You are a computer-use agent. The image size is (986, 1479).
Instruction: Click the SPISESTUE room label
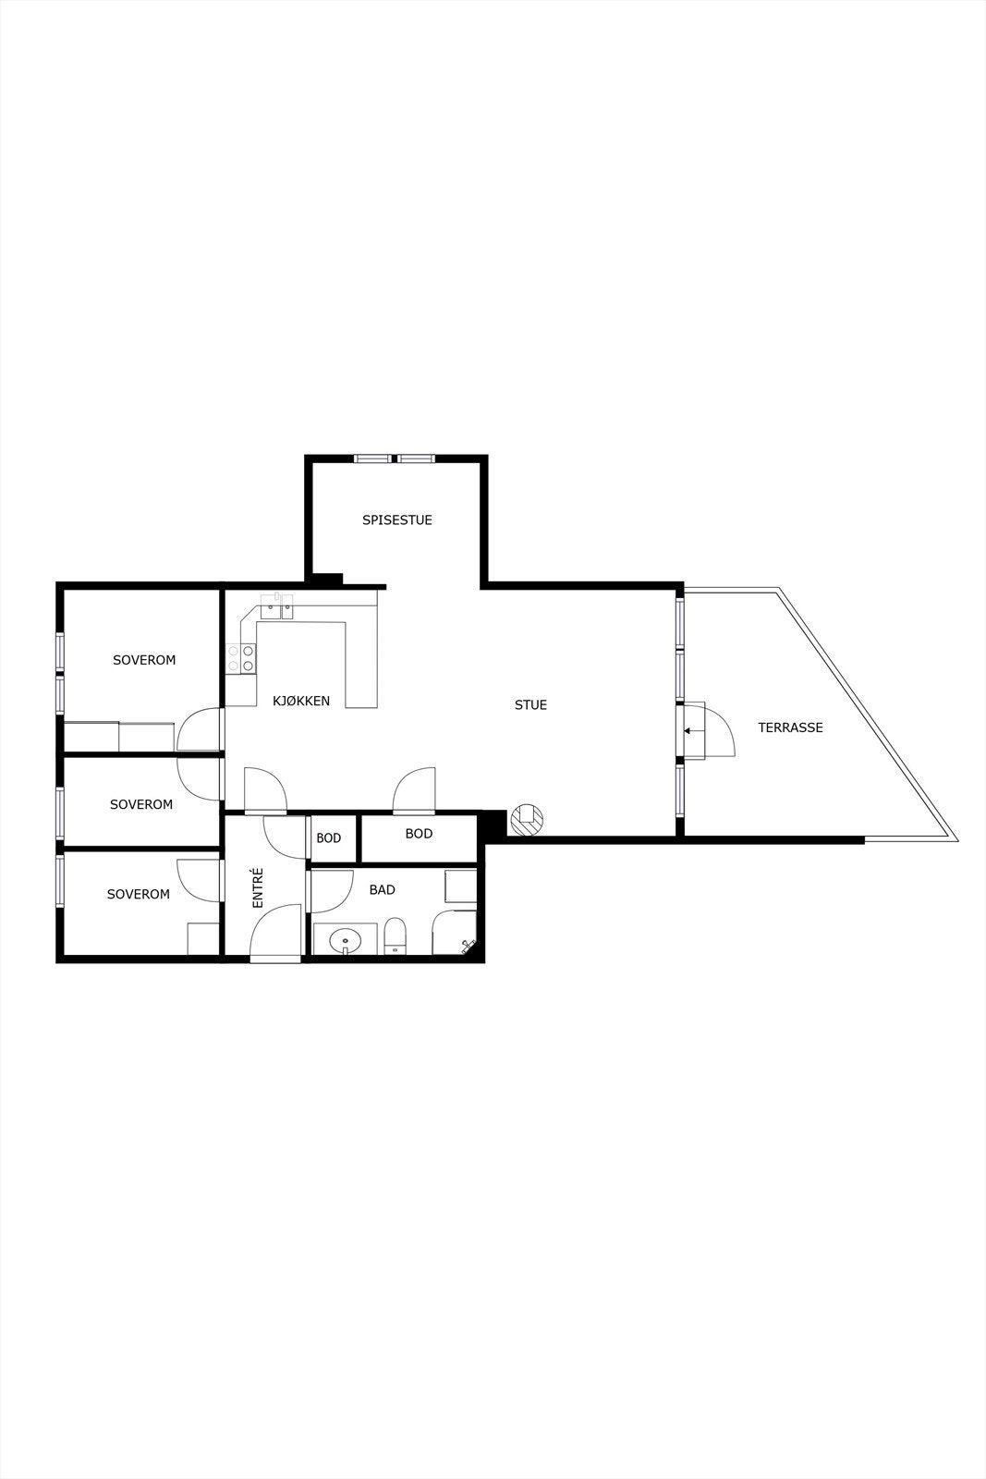pyautogui.click(x=396, y=520)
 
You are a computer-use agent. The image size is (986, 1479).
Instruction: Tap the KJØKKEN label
pyautogui.click(x=301, y=702)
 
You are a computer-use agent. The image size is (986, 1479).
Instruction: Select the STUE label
pyautogui.click(x=530, y=705)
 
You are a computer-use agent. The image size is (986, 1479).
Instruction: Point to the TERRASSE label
pyautogui.click(x=790, y=727)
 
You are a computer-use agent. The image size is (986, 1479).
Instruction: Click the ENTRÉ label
pyautogui.click(x=258, y=886)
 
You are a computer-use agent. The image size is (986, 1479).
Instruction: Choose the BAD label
pyautogui.click(x=382, y=890)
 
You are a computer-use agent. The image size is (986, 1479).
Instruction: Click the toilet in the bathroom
pyautogui.click(x=395, y=935)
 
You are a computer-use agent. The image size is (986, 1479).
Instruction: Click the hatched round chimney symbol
pyautogui.click(x=527, y=819)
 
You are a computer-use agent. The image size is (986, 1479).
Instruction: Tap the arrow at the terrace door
pyautogui.click(x=688, y=731)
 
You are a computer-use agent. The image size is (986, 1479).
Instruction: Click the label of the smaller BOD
pyautogui.click(x=329, y=838)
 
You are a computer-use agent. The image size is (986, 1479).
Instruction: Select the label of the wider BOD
pyautogui.click(x=419, y=834)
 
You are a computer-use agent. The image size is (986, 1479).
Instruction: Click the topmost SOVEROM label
pyautogui.click(x=144, y=660)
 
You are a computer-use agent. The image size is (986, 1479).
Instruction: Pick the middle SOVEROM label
pyautogui.click(x=141, y=804)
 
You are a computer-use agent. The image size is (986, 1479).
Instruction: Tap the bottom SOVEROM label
pyautogui.click(x=139, y=894)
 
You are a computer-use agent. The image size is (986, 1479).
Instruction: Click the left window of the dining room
pyautogui.click(x=372, y=458)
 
